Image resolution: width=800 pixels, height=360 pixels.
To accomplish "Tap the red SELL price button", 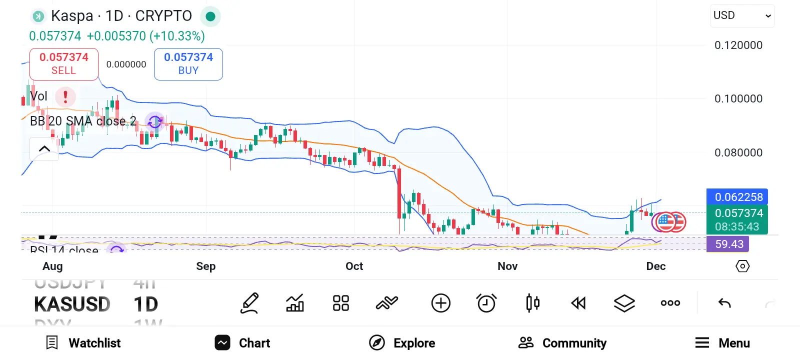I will coord(64,64).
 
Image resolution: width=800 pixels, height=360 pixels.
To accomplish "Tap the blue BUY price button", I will coord(188,64).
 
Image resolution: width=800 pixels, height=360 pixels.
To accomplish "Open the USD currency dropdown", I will coord(742,16).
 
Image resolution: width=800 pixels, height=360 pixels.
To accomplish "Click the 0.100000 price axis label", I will coord(738,98).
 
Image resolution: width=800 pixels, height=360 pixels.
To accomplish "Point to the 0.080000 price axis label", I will coord(738,152).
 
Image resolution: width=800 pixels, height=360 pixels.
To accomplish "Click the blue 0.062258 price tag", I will coord(737,197).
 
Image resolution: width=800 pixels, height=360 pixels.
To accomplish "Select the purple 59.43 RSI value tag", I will coord(728,244).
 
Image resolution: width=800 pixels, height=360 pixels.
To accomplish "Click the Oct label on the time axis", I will coord(354,266).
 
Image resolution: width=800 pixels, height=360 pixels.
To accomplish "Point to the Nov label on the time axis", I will coord(507,266).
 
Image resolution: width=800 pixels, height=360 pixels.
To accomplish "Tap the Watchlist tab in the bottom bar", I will coord(83,343).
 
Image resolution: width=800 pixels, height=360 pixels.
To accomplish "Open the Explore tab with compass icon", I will coord(402,343).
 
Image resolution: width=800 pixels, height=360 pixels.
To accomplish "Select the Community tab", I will coord(562,343).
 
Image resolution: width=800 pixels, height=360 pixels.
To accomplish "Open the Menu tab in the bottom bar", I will coord(722,343).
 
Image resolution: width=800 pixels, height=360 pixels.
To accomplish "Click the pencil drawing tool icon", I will coord(249,303).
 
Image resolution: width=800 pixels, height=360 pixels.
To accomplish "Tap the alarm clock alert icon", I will coord(486,303).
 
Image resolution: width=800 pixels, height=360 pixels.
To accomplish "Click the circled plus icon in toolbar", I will coord(440,303).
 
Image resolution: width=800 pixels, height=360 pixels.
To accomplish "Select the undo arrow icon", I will coord(724,303).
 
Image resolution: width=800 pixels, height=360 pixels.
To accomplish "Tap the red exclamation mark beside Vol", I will coord(65,96).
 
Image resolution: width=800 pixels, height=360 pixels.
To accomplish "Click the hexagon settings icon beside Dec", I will coord(742,266).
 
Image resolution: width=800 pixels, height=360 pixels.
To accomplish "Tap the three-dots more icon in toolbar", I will coord(670,303).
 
